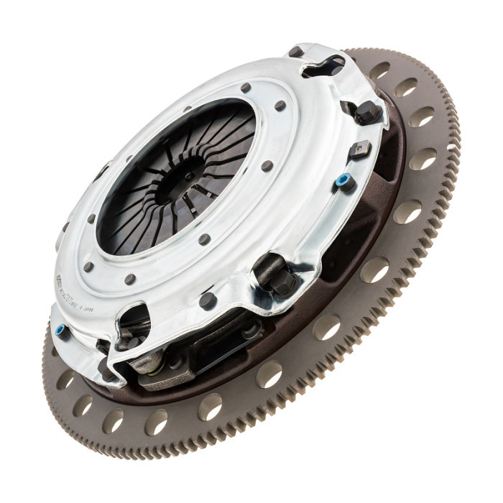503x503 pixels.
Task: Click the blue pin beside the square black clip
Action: pos(344,180)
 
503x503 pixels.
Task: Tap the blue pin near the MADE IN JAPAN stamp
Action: pos(62,331)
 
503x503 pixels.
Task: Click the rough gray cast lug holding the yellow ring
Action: pos(144,359)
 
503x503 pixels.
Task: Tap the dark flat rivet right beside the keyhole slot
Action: pos(295,52)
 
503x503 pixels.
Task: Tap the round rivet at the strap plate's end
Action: pos(251,332)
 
